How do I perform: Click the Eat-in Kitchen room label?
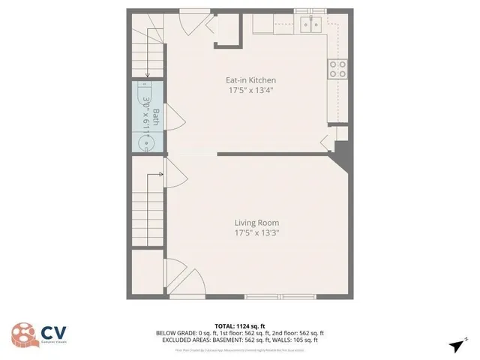(x=251, y=80)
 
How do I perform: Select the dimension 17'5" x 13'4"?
(x=251, y=91)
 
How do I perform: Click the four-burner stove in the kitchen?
(x=337, y=69)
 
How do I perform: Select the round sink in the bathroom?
(x=146, y=141)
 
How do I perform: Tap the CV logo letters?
(x=52, y=332)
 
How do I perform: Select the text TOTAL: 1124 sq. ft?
(x=239, y=325)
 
